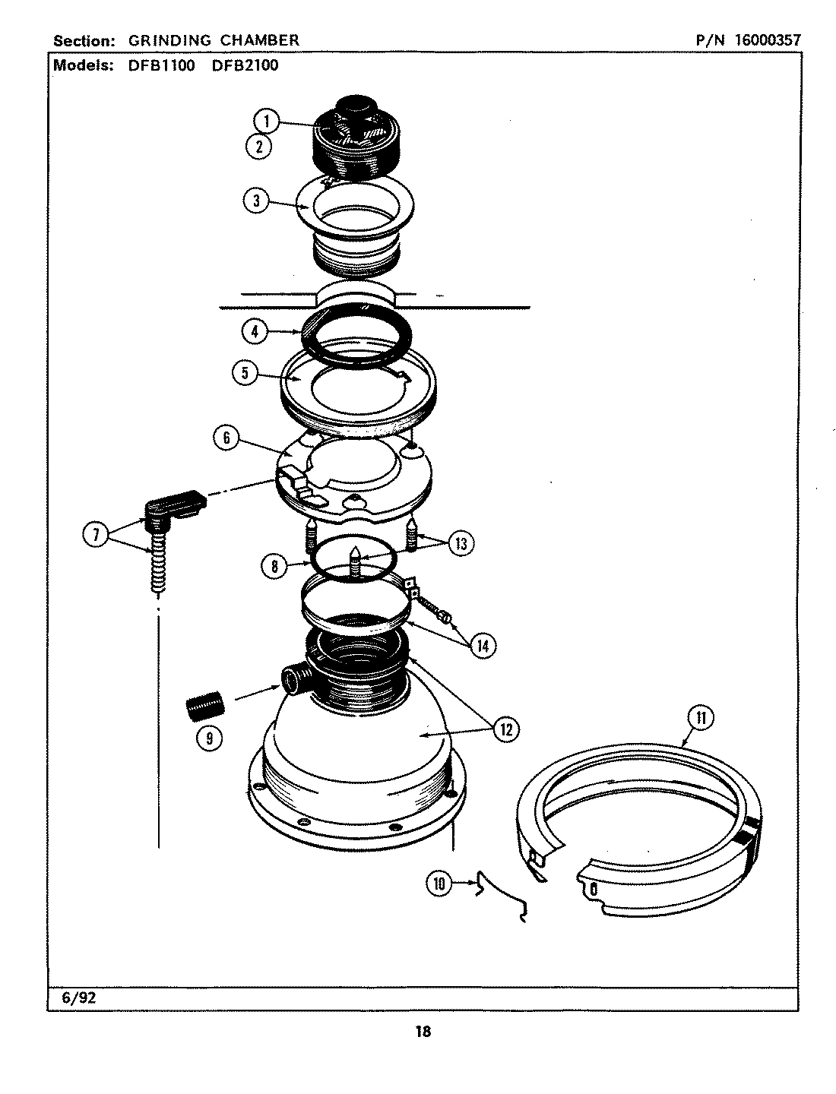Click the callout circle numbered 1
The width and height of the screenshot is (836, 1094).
click(267, 122)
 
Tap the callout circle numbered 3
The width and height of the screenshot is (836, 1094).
click(256, 201)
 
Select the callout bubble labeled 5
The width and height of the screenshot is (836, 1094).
click(245, 374)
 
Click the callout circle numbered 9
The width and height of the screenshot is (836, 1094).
click(209, 737)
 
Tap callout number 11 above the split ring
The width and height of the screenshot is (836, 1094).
click(700, 718)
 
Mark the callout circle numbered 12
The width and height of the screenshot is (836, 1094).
click(505, 729)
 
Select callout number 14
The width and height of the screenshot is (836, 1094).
click(482, 646)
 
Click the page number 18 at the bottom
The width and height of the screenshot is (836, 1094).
click(423, 1032)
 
